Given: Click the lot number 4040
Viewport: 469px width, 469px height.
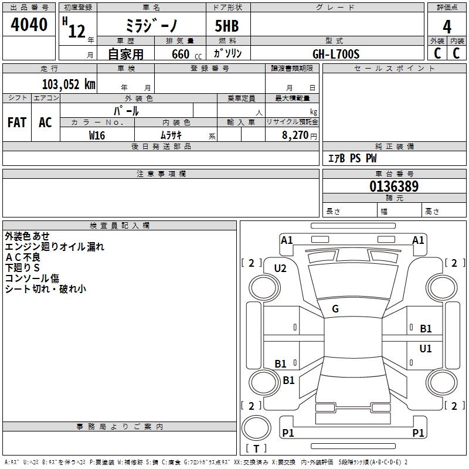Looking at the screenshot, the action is tap(29, 25).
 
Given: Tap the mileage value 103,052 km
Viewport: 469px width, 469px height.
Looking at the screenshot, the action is tap(69, 84).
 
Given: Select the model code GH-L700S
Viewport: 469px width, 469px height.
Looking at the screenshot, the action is tap(336, 54).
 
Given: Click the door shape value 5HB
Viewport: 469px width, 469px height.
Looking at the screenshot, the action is tap(227, 26).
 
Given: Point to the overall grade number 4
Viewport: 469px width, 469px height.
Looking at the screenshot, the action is tap(447, 27).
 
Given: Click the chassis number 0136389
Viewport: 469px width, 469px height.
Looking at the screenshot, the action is tap(394, 186).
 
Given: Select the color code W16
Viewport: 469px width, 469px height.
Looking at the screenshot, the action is tap(97, 135).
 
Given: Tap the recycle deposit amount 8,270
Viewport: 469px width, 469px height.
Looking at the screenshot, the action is tap(295, 135).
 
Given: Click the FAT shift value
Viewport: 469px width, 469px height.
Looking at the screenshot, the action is tap(17, 123).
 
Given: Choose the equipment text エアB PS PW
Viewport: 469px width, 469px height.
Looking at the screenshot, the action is tap(352, 158).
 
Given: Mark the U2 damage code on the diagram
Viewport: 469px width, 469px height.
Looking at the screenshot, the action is tap(280, 269).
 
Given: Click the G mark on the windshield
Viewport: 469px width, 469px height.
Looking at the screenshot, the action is tap(335, 309).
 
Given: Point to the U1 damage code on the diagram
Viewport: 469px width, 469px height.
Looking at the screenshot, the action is tap(426, 348).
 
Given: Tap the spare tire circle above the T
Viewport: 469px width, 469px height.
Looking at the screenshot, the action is tap(256, 428).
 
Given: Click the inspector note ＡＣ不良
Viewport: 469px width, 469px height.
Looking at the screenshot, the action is tap(23, 257).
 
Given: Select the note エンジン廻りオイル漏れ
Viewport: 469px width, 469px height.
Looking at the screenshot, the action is tap(55, 247).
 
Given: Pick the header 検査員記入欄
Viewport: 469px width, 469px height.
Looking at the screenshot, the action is tap(120, 226).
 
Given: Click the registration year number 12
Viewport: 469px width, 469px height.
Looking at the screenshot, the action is tap(77, 31).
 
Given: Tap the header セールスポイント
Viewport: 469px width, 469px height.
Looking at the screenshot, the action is tap(394, 68).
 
